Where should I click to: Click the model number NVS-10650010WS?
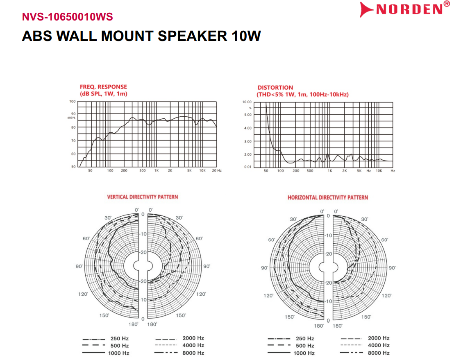[67, 17]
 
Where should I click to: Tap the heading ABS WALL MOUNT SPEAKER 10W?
[141, 36]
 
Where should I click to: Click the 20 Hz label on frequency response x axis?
[217, 170]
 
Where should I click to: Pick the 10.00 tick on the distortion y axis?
[247, 102]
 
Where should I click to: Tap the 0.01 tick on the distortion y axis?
[247, 167]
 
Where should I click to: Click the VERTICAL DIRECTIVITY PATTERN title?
[143, 197]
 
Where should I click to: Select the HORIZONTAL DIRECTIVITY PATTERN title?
[328, 197]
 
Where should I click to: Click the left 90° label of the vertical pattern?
[79, 267]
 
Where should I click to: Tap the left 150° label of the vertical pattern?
[104, 315]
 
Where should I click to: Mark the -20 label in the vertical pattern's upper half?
[143, 252]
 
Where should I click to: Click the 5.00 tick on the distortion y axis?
[247, 115]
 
